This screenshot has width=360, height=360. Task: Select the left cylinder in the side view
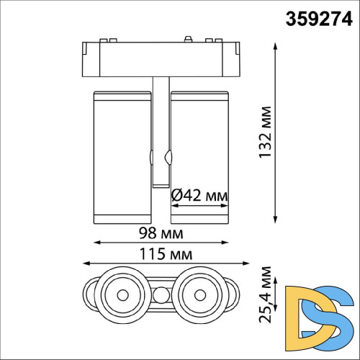coord(121,154)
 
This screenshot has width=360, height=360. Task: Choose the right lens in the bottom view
coord(199,294)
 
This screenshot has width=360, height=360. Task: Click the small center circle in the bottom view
coord(160,294)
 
